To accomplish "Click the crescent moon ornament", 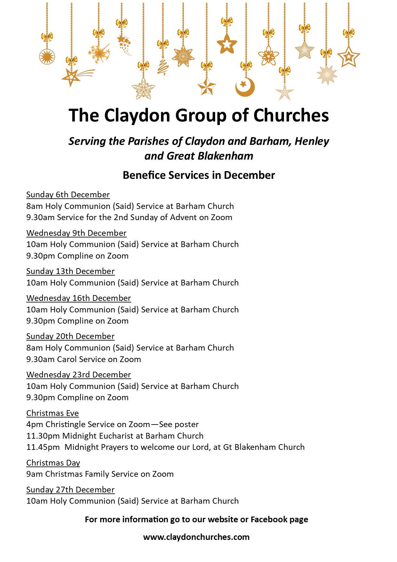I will click(245, 87).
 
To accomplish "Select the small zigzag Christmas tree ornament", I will click(163, 66).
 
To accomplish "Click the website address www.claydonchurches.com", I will click(196, 537).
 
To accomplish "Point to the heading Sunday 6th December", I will click(68, 194).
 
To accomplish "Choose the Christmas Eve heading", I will click(53, 413).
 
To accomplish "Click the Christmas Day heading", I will click(53, 463).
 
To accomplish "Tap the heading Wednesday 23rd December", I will click(78, 375).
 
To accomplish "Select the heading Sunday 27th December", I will click(70, 490).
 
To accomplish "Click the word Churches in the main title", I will click(291, 115).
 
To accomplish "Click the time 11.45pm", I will click(43, 447).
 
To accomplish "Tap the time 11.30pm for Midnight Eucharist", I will click(43, 436).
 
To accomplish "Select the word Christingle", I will click(66, 425).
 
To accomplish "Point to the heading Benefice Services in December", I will click(199, 175).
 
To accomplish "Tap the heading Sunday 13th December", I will click(70, 271).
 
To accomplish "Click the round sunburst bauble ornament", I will click(47, 57).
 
